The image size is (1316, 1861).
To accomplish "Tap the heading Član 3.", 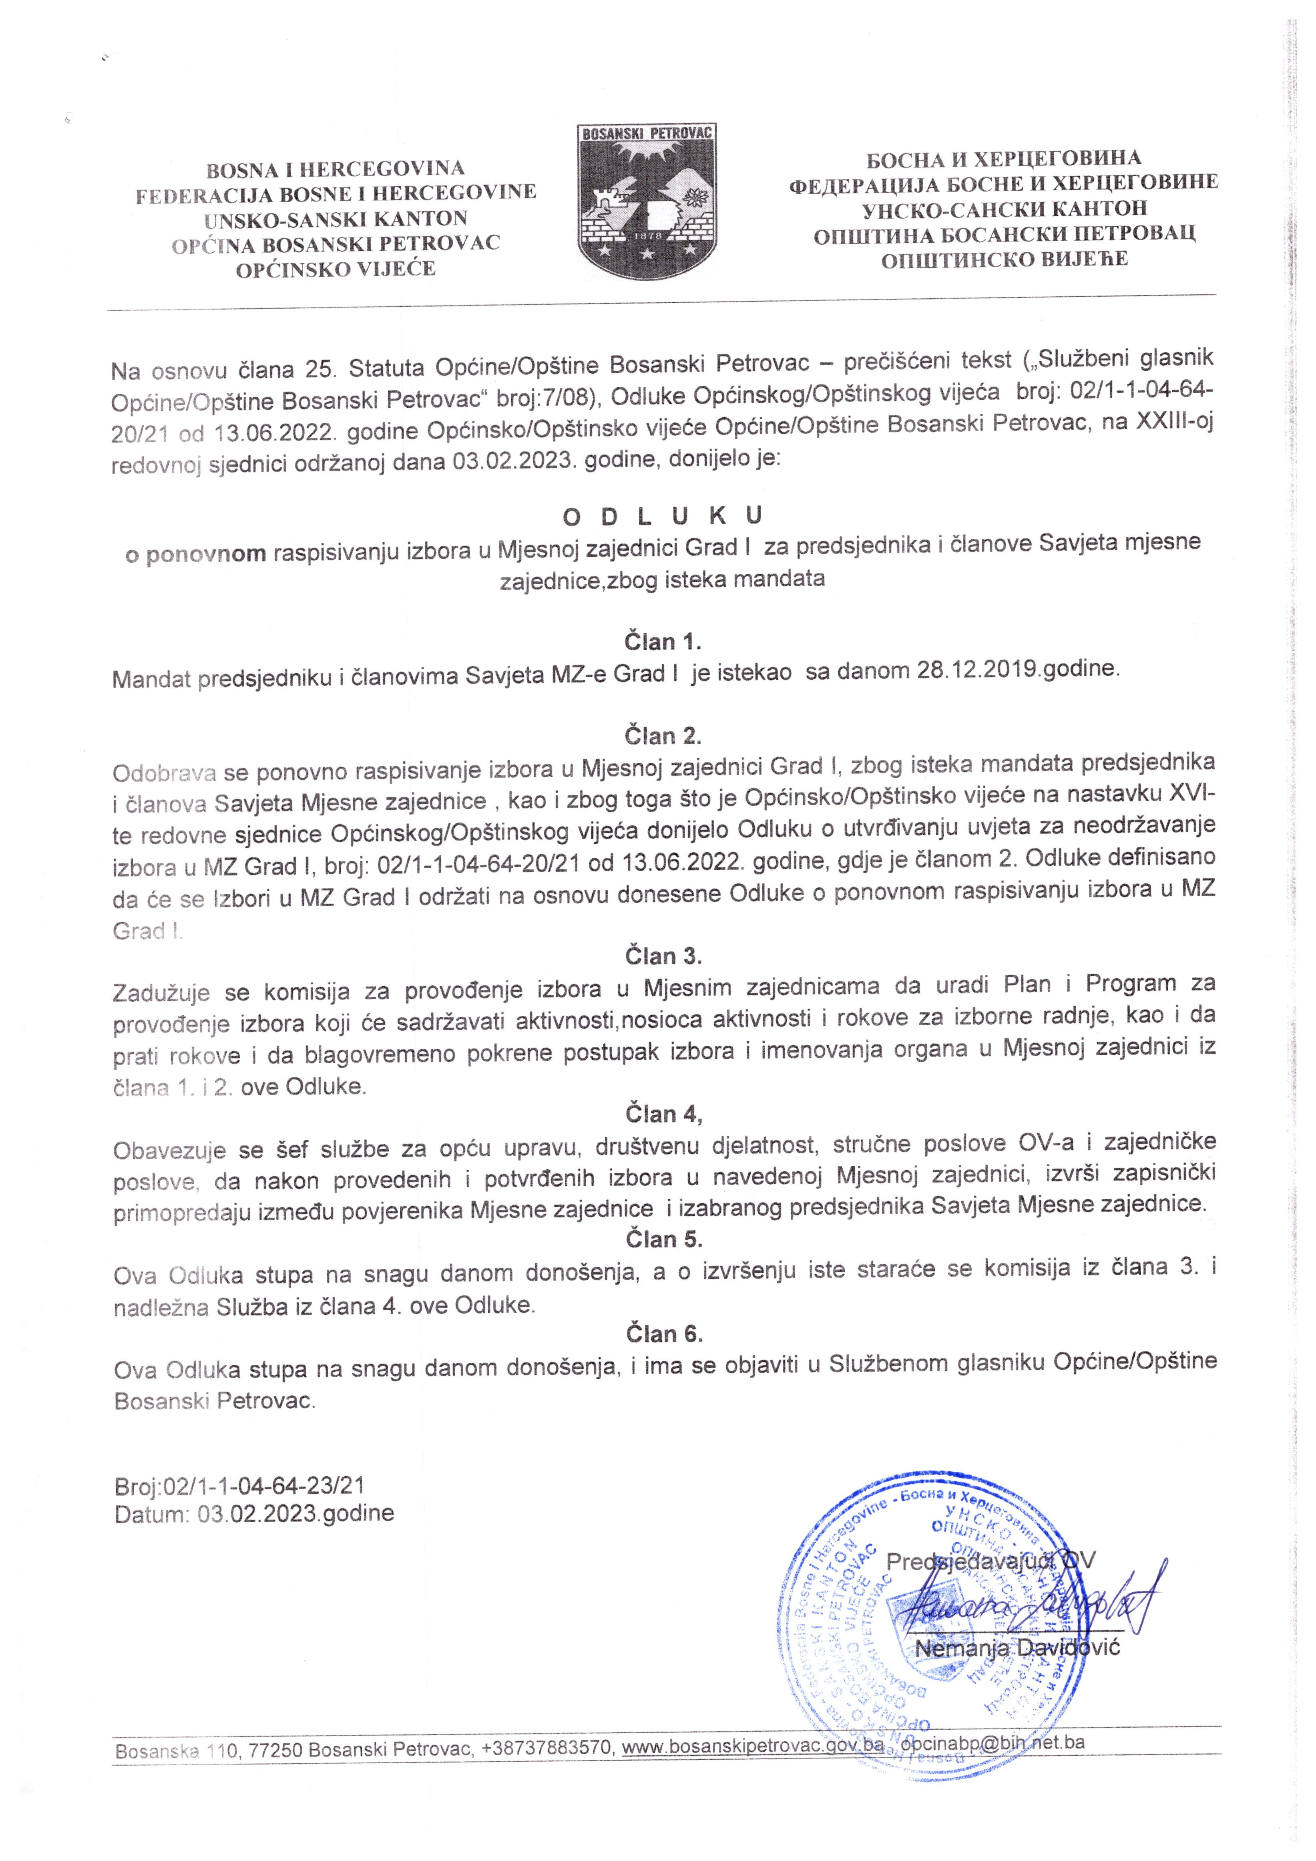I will pyautogui.click(x=663, y=956).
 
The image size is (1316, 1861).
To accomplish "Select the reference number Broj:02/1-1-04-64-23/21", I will pyautogui.click(x=240, y=1486).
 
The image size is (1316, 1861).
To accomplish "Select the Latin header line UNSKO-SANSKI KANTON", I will pyautogui.click(x=336, y=219).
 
